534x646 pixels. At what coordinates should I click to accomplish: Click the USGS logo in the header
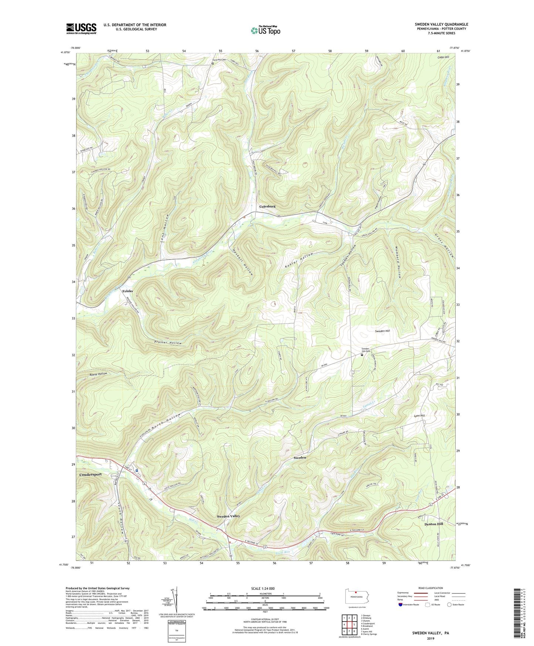(81, 28)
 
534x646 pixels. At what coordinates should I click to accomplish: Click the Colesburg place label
(267, 206)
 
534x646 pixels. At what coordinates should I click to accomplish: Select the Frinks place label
(127, 291)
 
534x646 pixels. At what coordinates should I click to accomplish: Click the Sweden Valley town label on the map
(228, 516)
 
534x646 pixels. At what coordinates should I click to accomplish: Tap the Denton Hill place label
(433, 524)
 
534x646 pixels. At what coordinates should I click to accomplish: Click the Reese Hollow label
(98, 374)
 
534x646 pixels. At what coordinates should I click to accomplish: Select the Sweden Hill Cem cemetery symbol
(362, 355)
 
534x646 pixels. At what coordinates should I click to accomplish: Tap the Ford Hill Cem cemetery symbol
(213, 63)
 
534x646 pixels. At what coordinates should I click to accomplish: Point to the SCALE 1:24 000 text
(265, 588)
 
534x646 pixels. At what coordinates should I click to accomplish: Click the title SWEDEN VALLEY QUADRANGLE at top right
(441, 24)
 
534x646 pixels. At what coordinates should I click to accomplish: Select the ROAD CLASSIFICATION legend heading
(431, 588)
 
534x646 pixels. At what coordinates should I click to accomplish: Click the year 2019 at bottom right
(431, 638)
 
